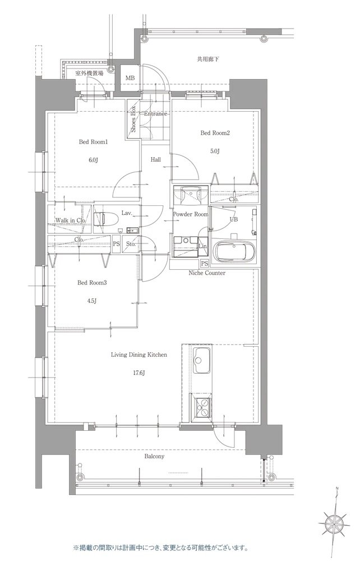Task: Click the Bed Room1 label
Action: [93, 142]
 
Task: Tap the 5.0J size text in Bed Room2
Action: [215, 151]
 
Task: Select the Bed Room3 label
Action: [92, 283]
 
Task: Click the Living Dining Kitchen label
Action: [139, 355]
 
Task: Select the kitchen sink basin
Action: [202, 360]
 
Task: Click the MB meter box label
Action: [130, 78]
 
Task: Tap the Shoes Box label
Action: [133, 119]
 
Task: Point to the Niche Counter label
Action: [207, 273]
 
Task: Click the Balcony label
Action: [154, 457]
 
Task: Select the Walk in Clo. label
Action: [71, 220]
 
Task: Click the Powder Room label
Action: [191, 214]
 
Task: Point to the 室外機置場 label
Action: [89, 73]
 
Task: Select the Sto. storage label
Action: [131, 245]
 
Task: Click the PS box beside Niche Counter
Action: [205, 263]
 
